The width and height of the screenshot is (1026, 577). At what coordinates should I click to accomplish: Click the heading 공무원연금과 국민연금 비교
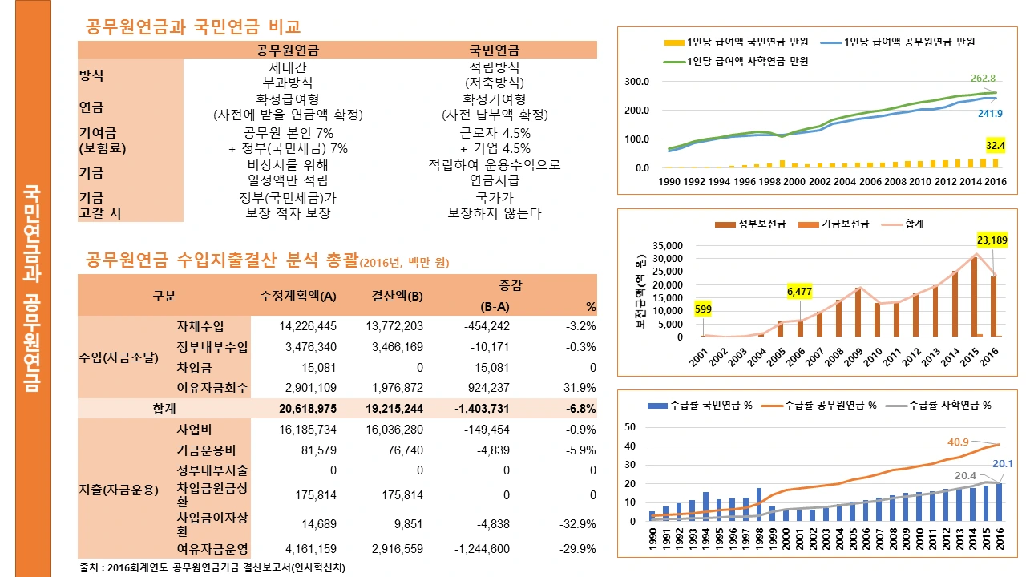[192, 27]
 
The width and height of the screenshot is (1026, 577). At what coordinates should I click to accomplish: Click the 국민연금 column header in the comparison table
[494, 50]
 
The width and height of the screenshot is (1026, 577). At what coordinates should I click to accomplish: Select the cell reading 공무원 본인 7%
[288, 133]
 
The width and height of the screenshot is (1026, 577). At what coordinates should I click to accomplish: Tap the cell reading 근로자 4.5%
[495, 133]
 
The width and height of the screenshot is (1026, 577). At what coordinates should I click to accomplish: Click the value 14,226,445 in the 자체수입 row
[297, 326]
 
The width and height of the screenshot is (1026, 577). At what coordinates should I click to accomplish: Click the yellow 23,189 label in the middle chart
[992, 240]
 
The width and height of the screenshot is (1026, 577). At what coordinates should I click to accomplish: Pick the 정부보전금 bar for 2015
[973, 297]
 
